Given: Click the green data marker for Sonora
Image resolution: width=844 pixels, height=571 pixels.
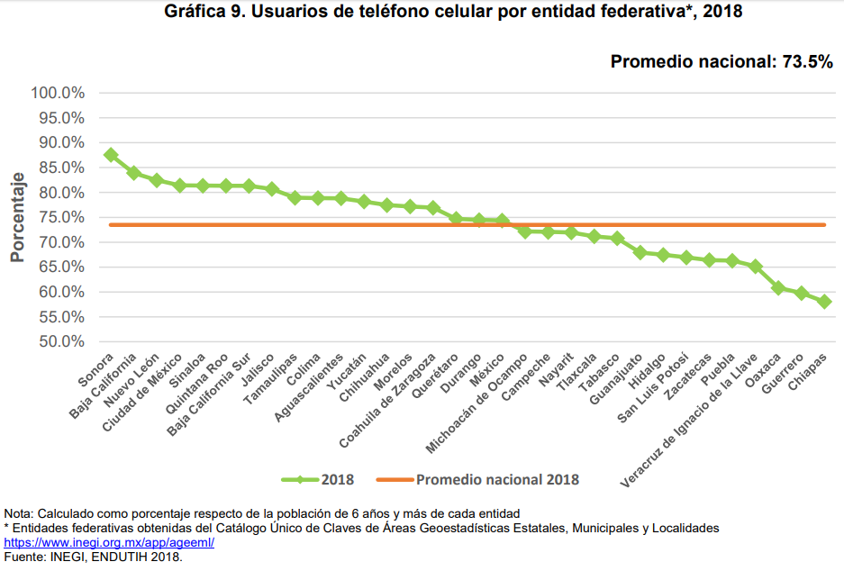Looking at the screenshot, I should pyautogui.click(x=111, y=155).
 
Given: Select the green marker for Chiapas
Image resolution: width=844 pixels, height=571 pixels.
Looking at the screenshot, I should pyautogui.click(x=824, y=302).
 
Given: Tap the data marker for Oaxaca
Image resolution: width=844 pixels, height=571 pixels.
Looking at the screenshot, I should pyautogui.click(x=778, y=288).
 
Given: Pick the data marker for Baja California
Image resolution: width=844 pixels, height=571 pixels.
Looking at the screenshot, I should pyautogui.click(x=133, y=173).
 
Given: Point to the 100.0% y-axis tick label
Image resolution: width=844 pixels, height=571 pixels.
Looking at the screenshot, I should pyautogui.click(x=58, y=93).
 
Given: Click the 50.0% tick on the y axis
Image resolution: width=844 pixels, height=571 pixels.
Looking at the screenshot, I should pyautogui.click(x=61, y=342).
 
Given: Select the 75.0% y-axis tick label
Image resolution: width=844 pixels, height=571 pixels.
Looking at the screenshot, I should pyautogui.click(x=61, y=217).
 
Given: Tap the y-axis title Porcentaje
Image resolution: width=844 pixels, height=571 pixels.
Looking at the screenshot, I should pyautogui.click(x=17, y=217).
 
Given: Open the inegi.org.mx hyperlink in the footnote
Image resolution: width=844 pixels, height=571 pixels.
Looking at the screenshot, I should pyautogui.click(x=109, y=544).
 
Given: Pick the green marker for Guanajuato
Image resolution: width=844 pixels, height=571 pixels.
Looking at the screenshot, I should pyautogui.click(x=640, y=253).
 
